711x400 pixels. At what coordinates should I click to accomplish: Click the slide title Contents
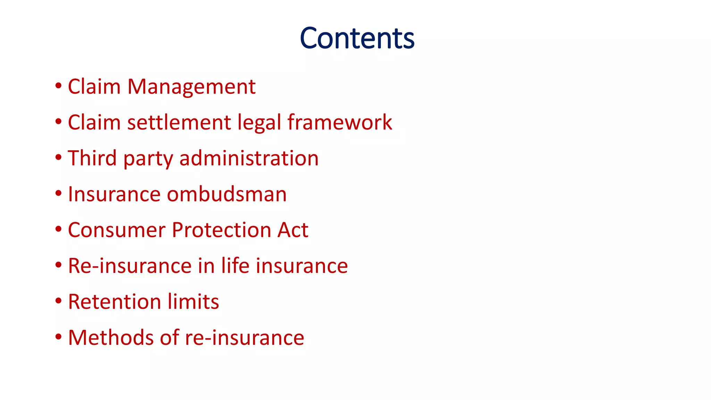tap(357, 38)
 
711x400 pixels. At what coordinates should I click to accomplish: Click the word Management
tap(191, 86)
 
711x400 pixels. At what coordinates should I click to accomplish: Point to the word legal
tap(259, 123)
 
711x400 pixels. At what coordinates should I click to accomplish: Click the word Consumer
tap(117, 230)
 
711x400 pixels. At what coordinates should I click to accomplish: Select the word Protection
tap(221, 230)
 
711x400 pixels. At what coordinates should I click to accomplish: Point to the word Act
tap(293, 230)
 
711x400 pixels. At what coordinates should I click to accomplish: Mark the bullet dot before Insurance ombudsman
tap(58, 193)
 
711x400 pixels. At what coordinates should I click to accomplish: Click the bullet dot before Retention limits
tap(58, 301)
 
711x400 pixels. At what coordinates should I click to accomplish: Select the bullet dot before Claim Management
tap(58, 86)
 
